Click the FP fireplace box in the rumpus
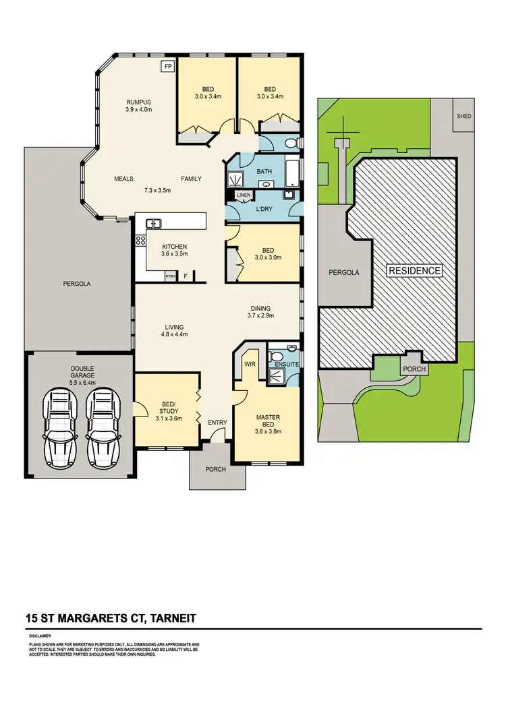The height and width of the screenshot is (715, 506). click(168, 67)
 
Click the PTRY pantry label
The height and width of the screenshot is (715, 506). click(171, 276)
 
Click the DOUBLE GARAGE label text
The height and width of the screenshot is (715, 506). click(82, 373)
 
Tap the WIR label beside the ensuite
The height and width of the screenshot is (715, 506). click(249, 363)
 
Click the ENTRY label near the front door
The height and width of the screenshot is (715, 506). click(217, 423)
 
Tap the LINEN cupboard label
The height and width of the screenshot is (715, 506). click(244, 195)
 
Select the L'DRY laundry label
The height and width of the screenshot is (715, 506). click(264, 210)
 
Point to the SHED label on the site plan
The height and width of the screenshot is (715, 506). click(464, 116)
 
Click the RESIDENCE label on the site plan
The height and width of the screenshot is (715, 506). click(414, 271)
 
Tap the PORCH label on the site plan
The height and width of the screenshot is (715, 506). click(414, 369)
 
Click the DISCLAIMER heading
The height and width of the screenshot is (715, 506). click(40, 635)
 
